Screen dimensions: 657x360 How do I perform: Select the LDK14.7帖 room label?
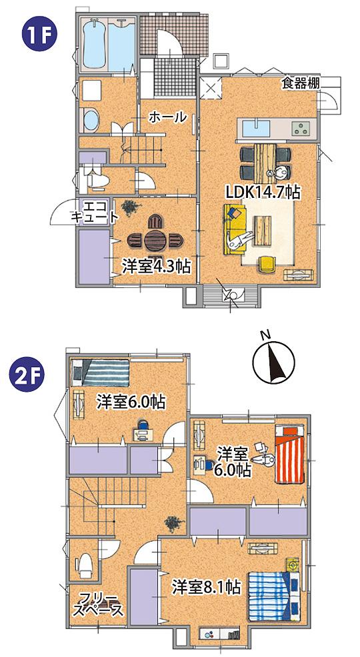click(x=262, y=192)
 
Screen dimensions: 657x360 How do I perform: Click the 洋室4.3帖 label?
click(x=156, y=266)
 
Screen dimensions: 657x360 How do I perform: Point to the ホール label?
click(x=167, y=117)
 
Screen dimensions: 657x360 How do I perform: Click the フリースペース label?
click(x=99, y=604)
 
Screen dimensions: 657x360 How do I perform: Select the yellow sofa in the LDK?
click(x=235, y=227)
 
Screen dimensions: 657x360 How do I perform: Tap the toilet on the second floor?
click(x=85, y=564)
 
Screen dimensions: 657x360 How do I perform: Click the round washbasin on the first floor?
click(x=90, y=121)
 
